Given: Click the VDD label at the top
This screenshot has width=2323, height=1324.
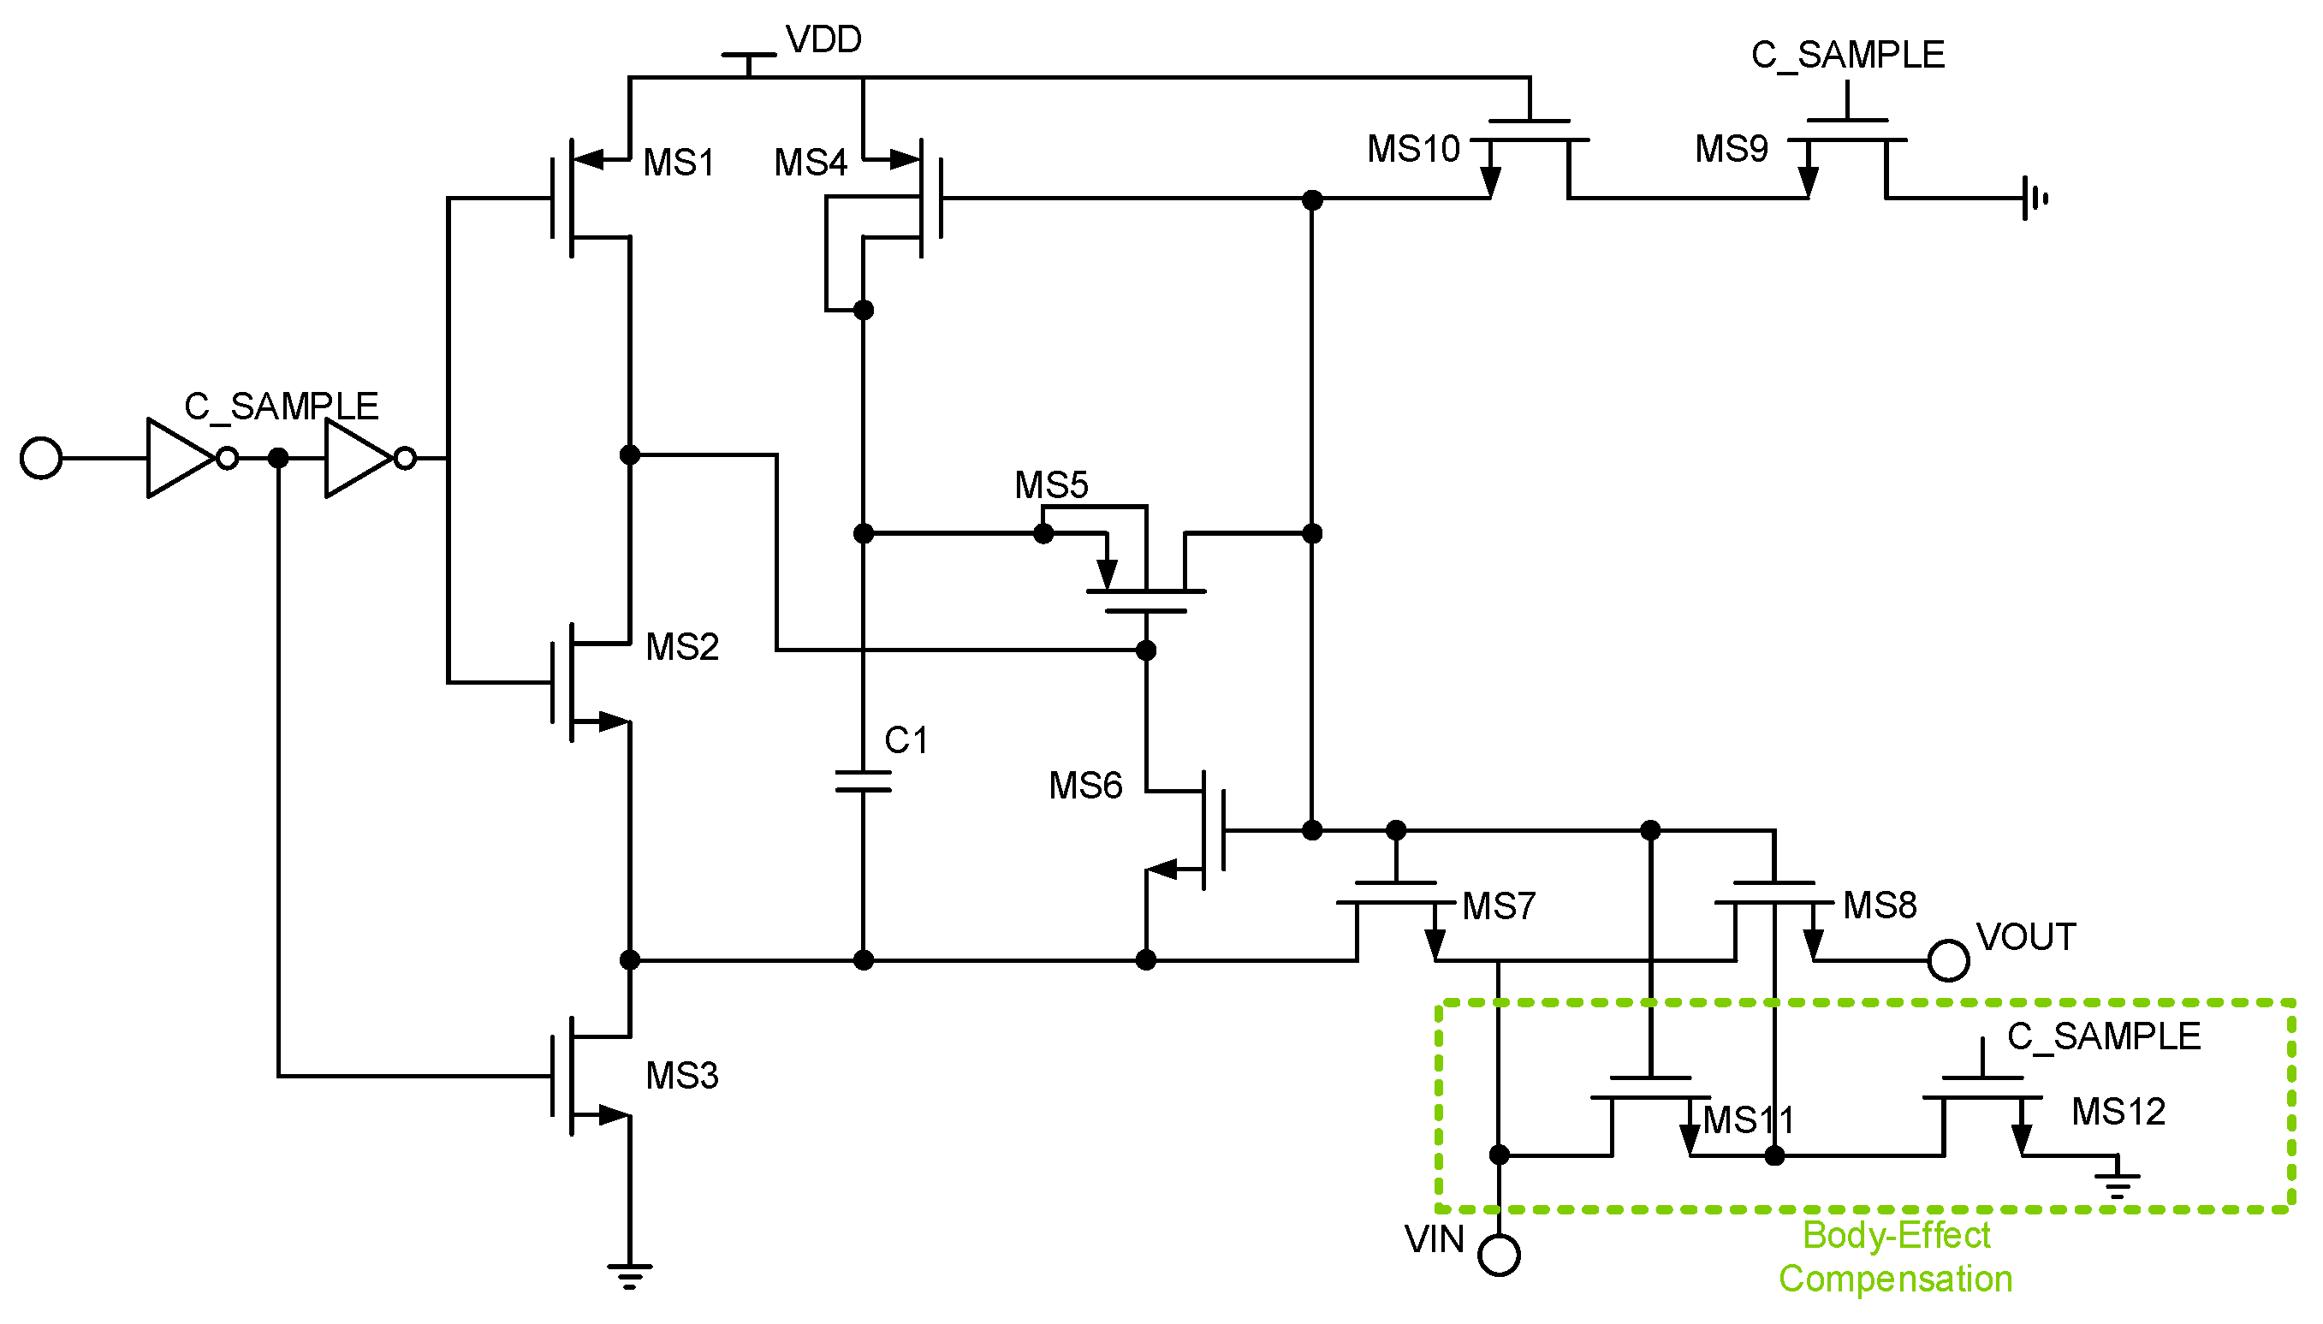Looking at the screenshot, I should click(x=823, y=40).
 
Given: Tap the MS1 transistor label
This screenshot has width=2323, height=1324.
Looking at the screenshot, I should click(x=678, y=163).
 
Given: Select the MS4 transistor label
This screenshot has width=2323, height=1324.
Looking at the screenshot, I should click(x=809, y=163).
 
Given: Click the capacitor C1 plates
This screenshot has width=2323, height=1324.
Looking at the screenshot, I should click(x=863, y=782).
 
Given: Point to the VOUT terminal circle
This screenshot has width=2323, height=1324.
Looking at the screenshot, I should click(x=1947, y=961).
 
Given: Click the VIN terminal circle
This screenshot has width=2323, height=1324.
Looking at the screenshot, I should click(x=1499, y=1256).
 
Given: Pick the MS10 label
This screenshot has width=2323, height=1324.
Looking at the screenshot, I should click(x=1413, y=149).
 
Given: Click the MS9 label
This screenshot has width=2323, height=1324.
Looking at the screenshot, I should click(x=1731, y=149).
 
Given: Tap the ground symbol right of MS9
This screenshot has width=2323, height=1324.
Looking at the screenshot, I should click(x=2035, y=198).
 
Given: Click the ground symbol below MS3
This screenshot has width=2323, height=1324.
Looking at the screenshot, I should click(x=629, y=1275).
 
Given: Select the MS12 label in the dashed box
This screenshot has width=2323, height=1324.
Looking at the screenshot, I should click(x=2118, y=1111).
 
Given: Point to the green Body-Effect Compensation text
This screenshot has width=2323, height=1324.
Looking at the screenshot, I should click(x=1896, y=1256).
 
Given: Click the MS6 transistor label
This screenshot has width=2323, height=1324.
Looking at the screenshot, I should click(x=1084, y=786).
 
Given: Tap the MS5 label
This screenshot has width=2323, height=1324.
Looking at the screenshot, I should click(x=1051, y=484).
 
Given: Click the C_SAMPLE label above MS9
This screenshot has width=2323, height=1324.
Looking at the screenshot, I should click(x=1846, y=56).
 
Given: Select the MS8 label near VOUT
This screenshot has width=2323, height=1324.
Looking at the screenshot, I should click(x=1880, y=905).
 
